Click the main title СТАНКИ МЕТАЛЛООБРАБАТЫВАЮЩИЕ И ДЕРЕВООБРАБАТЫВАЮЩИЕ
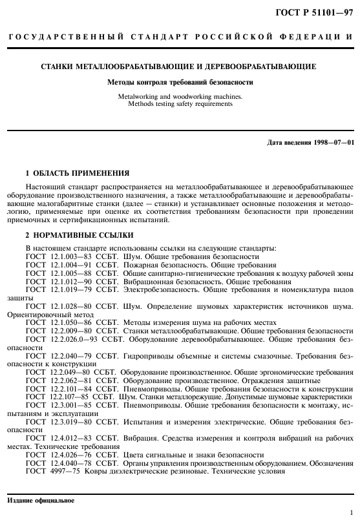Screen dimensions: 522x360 (x=179, y=67)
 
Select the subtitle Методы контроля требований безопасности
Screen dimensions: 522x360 (x=179, y=82)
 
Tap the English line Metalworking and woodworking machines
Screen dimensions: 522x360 (x=179, y=96)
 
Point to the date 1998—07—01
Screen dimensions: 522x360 (x=332, y=142)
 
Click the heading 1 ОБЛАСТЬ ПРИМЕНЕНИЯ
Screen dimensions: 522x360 (x=77, y=173)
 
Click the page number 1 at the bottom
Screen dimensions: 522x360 (x=351, y=513)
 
